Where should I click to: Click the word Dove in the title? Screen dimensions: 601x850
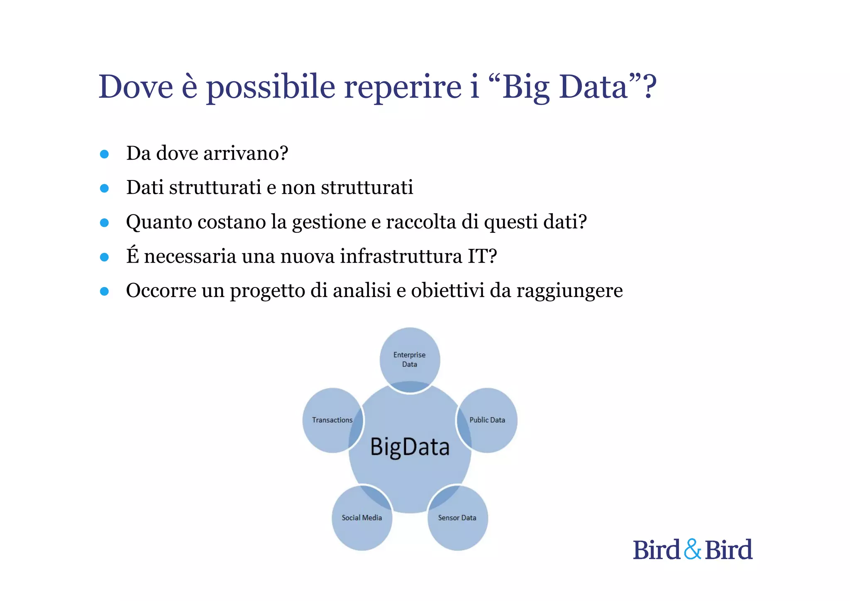click(136, 87)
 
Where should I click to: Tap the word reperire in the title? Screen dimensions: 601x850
click(403, 87)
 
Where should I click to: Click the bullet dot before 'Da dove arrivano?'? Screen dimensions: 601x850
click(105, 154)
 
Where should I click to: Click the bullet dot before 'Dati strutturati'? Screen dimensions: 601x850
click(105, 188)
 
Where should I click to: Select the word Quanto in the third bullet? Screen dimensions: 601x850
click(159, 222)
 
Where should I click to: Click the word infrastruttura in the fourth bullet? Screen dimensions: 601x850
click(401, 256)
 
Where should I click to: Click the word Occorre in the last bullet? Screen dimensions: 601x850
click(161, 290)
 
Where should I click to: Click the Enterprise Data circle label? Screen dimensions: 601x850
click(410, 359)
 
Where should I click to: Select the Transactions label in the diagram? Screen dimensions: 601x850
click(332, 420)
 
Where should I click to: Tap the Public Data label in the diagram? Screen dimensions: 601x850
click(487, 420)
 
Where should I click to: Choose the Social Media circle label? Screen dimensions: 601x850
click(361, 518)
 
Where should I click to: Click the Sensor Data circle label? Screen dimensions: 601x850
click(457, 518)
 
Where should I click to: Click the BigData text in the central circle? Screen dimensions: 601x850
click(410, 447)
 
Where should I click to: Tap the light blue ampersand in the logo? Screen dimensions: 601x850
click(692, 549)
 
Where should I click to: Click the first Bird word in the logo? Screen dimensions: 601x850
click(656, 550)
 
